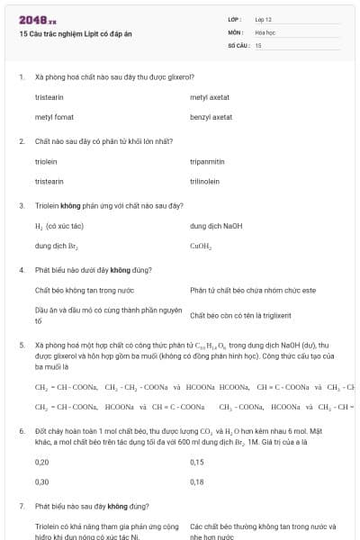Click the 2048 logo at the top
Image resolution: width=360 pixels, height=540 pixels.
[38, 19]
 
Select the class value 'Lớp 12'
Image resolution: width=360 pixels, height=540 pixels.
[265, 19]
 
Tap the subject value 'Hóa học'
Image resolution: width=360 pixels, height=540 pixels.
[265, 31]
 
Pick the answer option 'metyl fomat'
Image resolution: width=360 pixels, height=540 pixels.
[54, 117]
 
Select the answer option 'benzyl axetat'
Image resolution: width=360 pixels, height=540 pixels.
[211, 117]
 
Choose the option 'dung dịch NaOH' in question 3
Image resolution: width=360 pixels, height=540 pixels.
[216, 225]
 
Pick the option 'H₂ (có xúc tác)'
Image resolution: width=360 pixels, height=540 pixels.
[58, 225]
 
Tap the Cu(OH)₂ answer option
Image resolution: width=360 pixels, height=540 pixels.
[201, 246]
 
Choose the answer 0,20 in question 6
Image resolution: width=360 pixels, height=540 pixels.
[41, 462]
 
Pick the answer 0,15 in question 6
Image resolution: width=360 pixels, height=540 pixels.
[197, 462]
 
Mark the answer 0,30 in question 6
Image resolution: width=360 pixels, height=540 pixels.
[41, 482]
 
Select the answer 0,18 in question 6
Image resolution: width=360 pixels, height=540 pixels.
[197, 482]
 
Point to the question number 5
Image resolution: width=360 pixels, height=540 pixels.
[22, 345]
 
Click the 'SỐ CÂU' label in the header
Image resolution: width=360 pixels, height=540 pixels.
[238, 44]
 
